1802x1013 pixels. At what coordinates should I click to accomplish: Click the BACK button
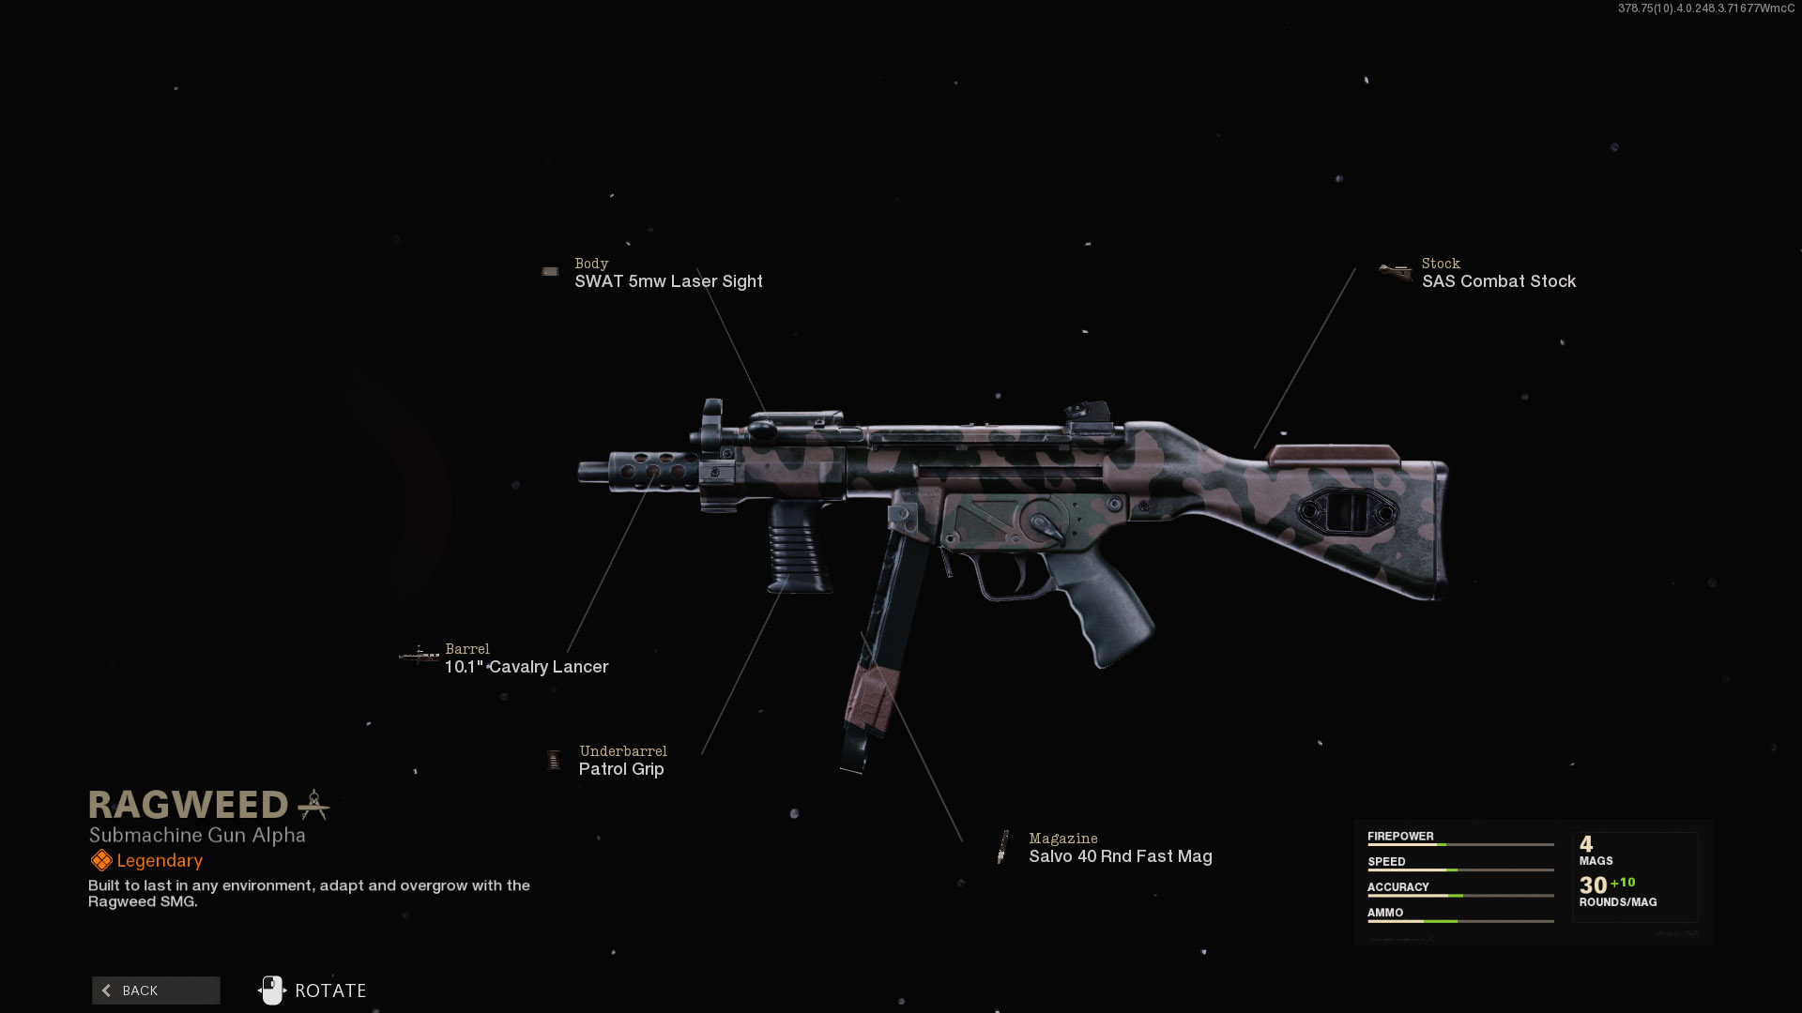point(156,990)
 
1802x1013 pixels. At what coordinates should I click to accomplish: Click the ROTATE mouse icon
point(271,990)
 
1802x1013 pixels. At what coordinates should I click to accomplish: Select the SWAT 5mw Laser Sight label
point(668,281)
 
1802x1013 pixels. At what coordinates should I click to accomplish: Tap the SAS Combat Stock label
point(1498,281)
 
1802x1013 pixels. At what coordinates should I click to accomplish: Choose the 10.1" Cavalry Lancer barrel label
point(527,667)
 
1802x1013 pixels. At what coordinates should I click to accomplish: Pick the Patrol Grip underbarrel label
point(621,769)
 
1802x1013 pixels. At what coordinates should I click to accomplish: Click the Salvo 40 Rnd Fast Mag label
point(1120,856)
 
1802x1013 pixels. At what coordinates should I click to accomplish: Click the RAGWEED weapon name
point(189,805)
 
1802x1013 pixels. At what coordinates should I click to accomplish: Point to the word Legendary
point(160,861)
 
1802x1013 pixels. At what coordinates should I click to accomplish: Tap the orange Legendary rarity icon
point(100,860)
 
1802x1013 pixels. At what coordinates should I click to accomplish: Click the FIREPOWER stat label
point(1400,836)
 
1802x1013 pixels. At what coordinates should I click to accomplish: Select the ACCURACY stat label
point(1397,886)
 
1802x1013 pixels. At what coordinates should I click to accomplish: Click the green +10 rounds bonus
point(1623,883)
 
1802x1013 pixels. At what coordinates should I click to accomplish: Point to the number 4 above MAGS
point(1586,843)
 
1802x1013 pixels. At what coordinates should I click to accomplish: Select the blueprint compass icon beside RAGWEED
point(313,805)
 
